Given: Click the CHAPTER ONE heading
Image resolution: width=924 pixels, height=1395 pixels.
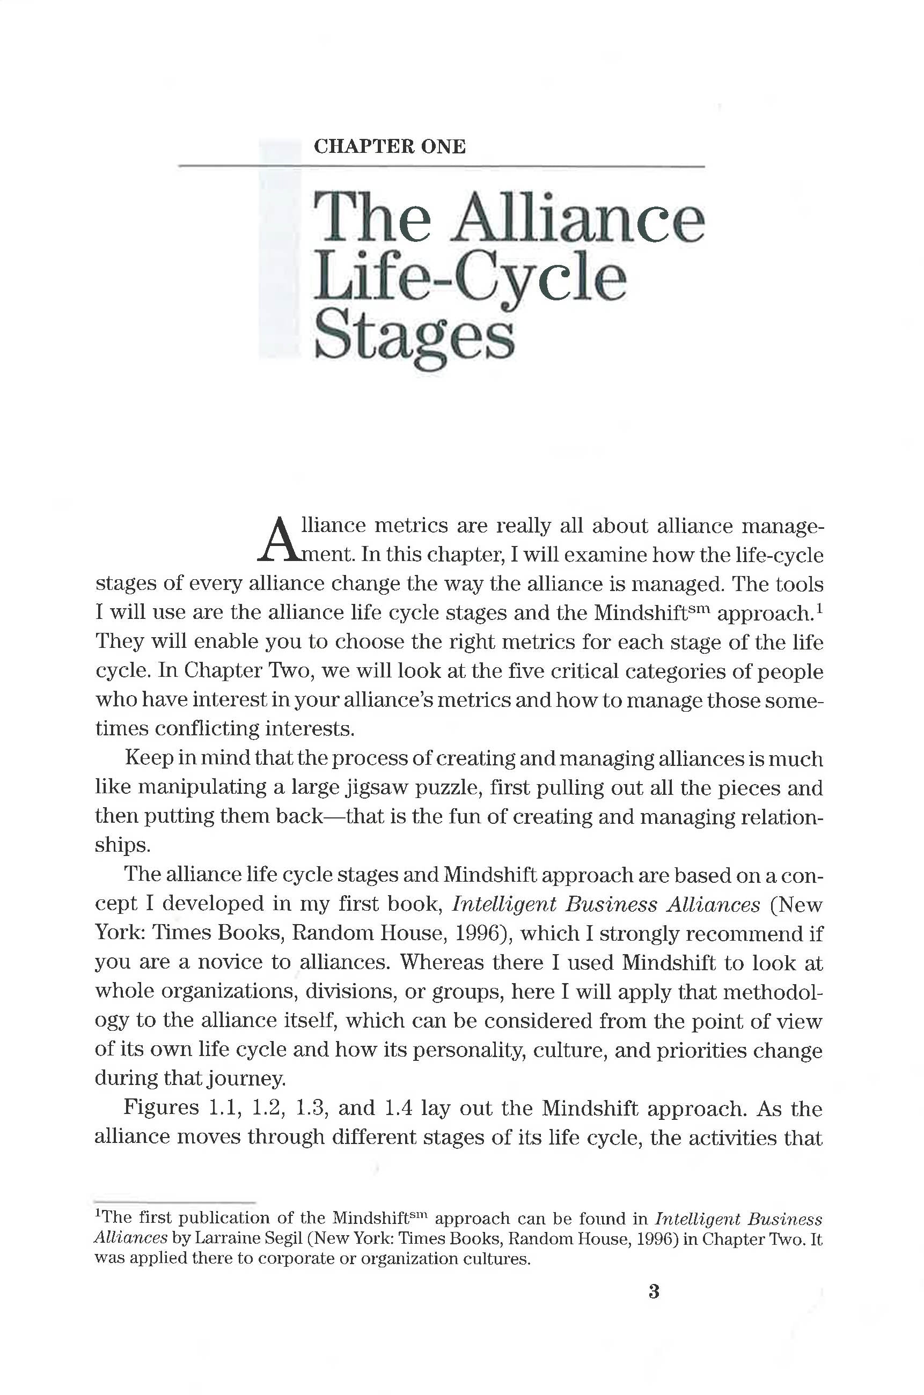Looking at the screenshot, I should click(x=390, y=146).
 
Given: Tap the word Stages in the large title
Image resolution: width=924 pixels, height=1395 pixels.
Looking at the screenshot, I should click(x=415, y=339).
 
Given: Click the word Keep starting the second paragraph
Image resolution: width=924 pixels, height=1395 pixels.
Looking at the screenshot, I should click(x=149, y=758).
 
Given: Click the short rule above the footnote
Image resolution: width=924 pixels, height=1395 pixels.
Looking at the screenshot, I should click(x=174, y=1202).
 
